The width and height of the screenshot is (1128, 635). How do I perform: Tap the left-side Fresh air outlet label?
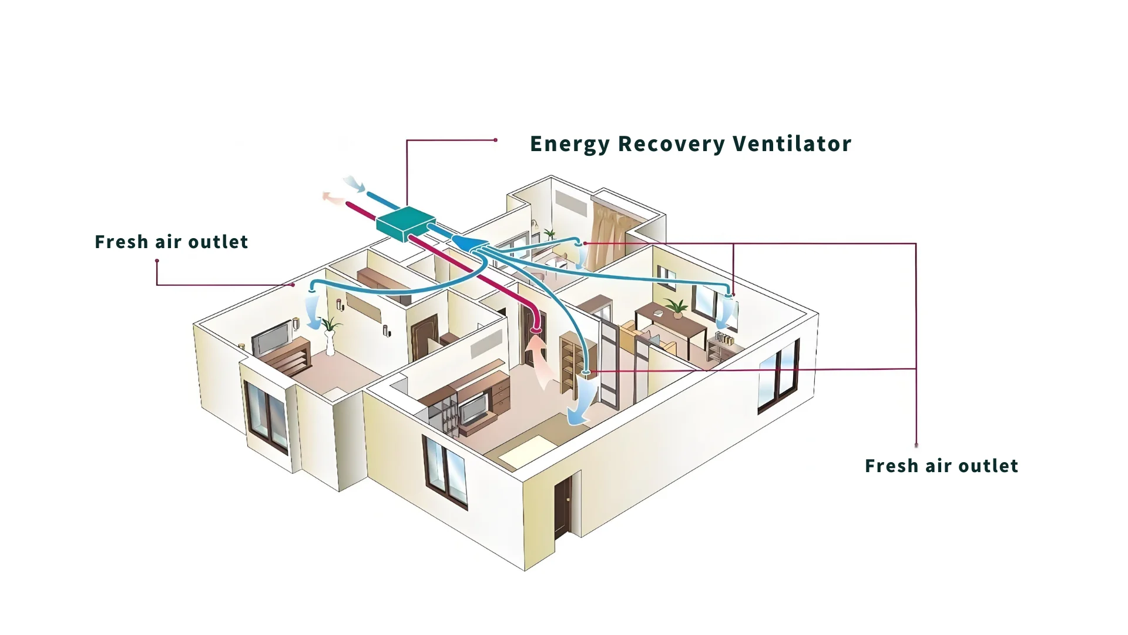tap(171, 242)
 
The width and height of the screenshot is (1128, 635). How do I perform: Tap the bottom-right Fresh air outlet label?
tap(941, 466)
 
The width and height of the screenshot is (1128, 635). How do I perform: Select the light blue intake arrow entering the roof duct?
tap(354, 183)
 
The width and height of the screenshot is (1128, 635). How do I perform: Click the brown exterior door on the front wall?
tap(562, 506)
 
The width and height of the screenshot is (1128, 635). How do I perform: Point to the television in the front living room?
tap(473, 408)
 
